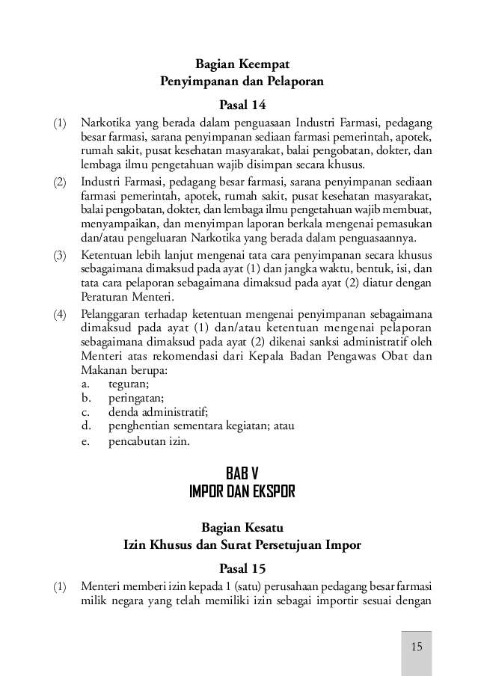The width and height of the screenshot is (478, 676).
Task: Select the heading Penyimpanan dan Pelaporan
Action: (242, 82)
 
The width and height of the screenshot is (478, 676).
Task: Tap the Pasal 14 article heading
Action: (242, 103)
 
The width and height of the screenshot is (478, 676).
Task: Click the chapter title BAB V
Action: (242, 473)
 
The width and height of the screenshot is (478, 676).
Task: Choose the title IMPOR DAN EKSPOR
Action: (242, 491)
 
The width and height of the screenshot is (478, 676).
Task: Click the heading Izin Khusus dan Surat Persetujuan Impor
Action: (242, 545)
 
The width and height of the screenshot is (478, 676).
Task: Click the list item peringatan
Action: (136, 398)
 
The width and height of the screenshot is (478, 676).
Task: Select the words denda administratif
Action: (158, 412)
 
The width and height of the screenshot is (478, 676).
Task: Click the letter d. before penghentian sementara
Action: (87, 426)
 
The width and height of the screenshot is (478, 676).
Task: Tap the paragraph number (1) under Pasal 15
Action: (59, 586)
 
